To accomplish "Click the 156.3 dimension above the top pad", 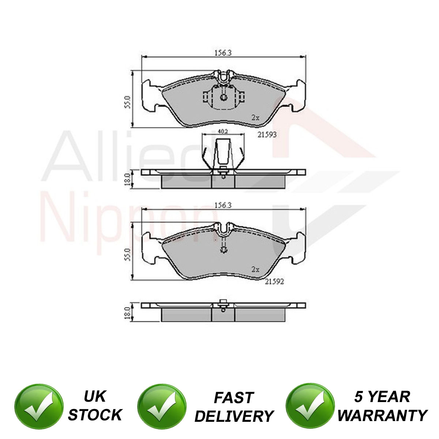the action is click(x=223, y=53).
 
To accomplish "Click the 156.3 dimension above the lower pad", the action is click(x=223, y=205).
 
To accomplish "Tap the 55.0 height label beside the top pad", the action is click(x=128, y=102).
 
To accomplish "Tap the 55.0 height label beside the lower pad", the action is click(x=128, y=255).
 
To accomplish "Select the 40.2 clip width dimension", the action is click(x=223, y=131).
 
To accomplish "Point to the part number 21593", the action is click(x=267, y=135).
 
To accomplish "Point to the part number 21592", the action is click(x=274, y=282).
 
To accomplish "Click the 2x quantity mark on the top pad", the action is click(x=255, y=117).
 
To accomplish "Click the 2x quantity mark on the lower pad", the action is click(x=255, y=270).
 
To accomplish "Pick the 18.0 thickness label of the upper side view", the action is click(x=128, y=179).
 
